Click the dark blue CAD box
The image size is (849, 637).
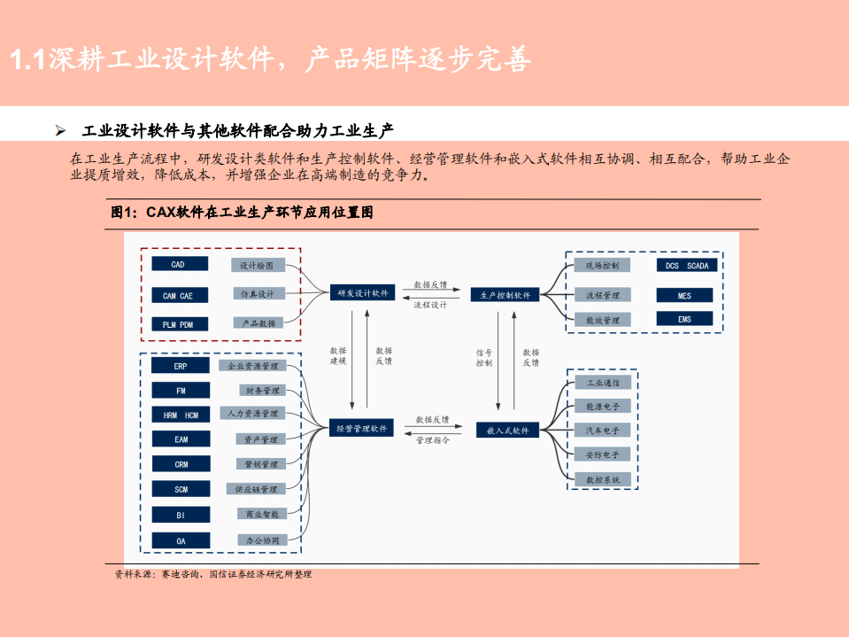pyautogui.click(x=179, y=264)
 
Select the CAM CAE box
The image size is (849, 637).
pyautogui.click(x=179, y=295)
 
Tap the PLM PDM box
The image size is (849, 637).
pyautogui.click(x=179, y=324)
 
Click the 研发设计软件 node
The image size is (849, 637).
pyautogui.click(x=363, y=294)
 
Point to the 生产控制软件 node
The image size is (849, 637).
pyautogui.click(x=506, y=295)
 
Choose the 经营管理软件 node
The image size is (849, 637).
pyautogui.click(x=363, y=429)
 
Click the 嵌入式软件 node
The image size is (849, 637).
pyautogui.click(x=507, y=430)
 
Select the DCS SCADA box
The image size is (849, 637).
pyautogui.click(x=685, y=266)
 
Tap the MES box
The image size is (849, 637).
pyautogui.click(x=685, y=295)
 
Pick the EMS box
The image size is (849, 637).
pyautogui.click(x=685, y=319)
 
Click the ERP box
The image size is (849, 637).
pyautogui.click(x=181, y=365)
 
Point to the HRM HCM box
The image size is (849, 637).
pyautogui.click(x=181, y=415)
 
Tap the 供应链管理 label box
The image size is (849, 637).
pyautogui.click(x=255, y=489)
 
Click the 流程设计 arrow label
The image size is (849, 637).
pyautogui.click(x=431, y=306)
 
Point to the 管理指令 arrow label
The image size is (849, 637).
pyautogui.click(x=432, y=440)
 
